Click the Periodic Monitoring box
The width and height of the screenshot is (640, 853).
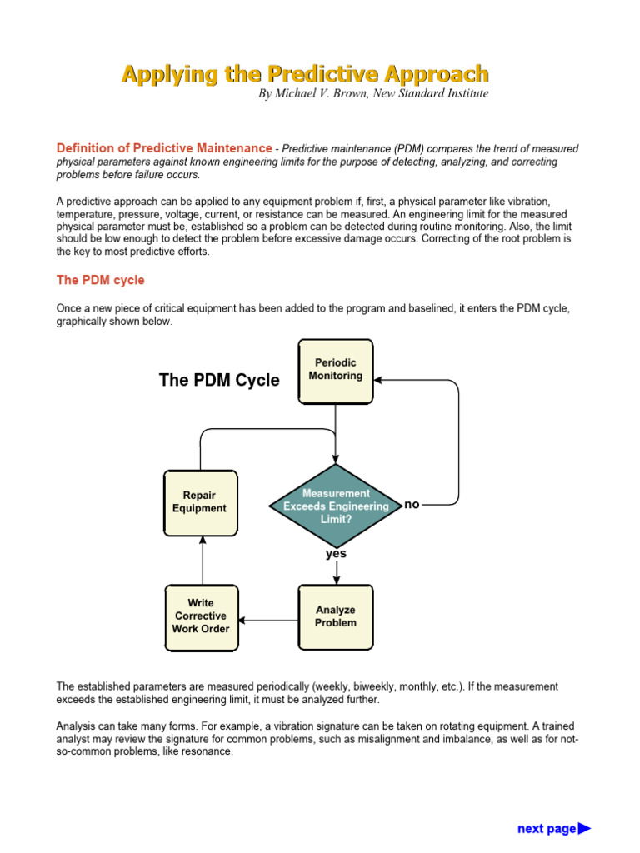pyautogui.click(x=336, y=371)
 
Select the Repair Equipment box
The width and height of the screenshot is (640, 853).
pyautogui.click(x=200, y=502)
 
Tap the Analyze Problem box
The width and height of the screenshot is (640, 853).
pyautogui.click(x=336, y=616)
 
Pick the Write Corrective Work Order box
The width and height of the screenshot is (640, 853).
pyautogui.click(x=200, y=616)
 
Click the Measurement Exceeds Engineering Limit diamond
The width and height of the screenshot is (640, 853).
pyautogui.click(x=336, y=506)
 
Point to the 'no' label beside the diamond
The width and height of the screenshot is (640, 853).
pyautogui.click(x=412, y=505)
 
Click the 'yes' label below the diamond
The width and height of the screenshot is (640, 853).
pyautogui.click(x=336, y=554)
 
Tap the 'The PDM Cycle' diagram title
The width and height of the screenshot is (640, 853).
pyautogui.click(x=219, y=381)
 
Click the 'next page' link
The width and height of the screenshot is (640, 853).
pyautogui.click(x=553, y=828)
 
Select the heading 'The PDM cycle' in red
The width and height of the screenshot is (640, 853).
pyautogui.click(x=100, y=280)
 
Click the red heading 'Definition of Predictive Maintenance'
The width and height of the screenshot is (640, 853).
pyautogui.click(x=163, y=148)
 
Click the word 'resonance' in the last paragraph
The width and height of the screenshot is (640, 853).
pyautogui.click(x=205, y=751)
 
